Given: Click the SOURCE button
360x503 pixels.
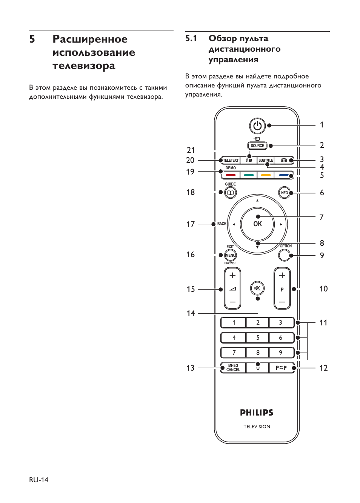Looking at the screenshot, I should point(257,146).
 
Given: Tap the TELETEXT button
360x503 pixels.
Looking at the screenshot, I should point(231,160).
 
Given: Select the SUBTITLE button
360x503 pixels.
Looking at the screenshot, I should point(266,160).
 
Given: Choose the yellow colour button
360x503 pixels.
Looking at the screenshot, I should point(266,175).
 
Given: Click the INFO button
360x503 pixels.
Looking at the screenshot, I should point(284,193).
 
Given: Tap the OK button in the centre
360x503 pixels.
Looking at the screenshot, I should point(257,224).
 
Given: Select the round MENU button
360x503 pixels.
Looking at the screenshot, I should point(230,255).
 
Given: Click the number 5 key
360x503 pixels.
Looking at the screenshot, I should point(258,337).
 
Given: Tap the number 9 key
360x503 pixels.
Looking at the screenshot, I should point(280,353).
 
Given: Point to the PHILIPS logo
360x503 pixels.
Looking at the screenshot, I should point(257,413).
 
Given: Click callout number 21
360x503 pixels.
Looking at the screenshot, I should point(191,150).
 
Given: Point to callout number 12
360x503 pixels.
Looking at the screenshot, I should point(323,368).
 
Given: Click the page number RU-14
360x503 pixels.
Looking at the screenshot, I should point(39,480).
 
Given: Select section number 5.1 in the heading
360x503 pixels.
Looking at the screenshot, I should point(191,38).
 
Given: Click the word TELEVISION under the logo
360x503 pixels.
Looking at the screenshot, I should point(257,426).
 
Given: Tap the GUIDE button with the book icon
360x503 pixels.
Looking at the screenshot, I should point(230,193).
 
